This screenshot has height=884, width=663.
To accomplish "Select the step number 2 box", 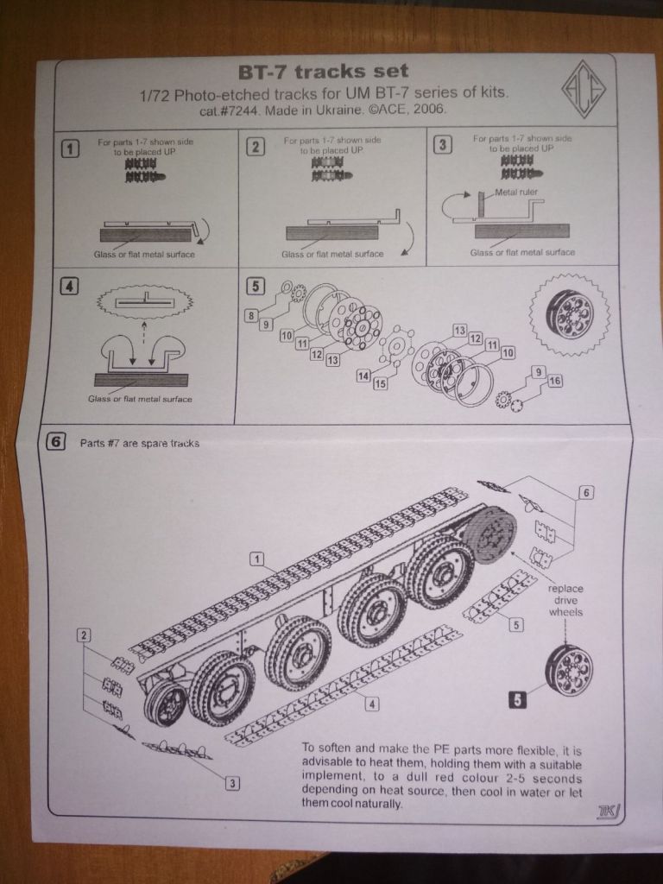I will (255, 146).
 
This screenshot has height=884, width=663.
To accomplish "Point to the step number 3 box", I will (442, 143).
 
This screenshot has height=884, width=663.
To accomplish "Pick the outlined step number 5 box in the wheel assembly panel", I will (255, 284).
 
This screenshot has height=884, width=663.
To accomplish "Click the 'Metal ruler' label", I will (518, 193).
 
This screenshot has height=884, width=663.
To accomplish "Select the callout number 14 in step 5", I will (363, 376).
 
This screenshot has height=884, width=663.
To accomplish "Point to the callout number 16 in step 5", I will (554, 381).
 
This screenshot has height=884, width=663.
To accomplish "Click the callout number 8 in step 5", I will (250, 317).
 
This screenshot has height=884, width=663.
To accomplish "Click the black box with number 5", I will (517, 701).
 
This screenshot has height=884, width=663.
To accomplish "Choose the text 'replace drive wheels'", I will (566, 599).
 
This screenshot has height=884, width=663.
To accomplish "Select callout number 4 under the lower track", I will (372, 704).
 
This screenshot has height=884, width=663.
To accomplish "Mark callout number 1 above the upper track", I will (256, 559).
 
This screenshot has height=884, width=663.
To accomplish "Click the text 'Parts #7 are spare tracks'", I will (139, 444).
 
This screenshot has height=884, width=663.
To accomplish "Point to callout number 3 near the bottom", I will (231, 782).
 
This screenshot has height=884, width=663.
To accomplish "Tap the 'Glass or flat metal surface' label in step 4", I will (140, 399).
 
